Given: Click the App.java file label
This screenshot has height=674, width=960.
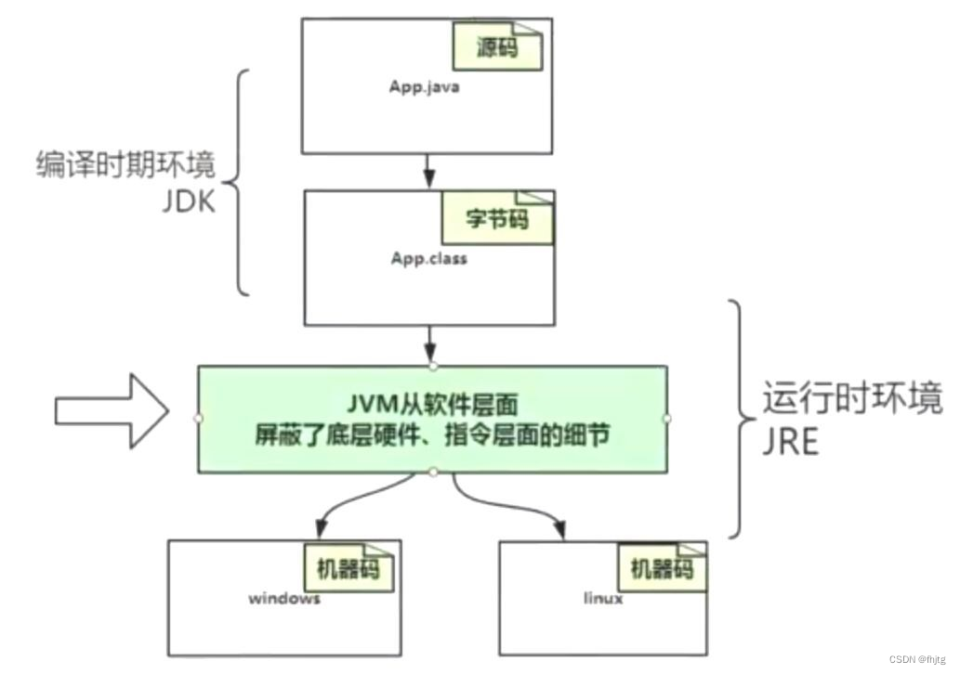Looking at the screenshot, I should point(425,88).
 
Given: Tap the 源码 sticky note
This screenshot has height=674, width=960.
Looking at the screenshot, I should point(497,46).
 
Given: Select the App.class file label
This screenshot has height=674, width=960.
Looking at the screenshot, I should point(428,258).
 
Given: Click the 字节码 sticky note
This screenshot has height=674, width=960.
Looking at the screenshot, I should point(496,218).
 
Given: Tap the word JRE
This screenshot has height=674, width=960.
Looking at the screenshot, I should point(790,442).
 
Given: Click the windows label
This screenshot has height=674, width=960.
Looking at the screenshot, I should point(283,598).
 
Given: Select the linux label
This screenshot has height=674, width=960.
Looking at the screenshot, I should point(603,598).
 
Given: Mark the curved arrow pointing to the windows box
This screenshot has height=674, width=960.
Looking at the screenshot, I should point(358,506).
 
